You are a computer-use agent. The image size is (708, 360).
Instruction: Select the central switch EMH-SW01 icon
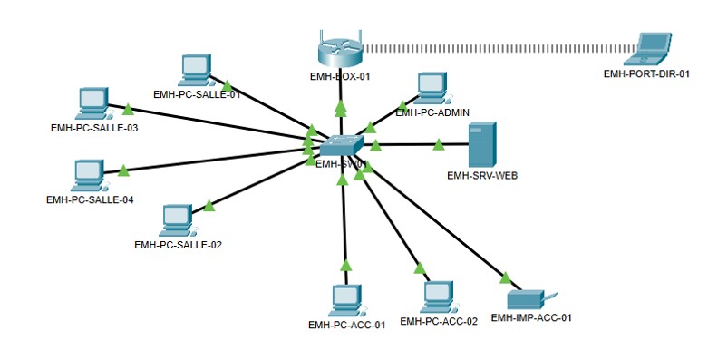[x=344, y=145]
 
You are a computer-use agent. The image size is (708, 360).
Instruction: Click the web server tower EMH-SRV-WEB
[x=481, y=143]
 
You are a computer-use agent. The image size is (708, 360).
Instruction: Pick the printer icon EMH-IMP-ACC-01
[x=526, y=299]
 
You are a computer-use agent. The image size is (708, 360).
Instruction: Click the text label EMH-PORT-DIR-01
[x=646, y=74]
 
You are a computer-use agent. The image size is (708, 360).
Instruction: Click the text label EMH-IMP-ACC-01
[x=531, y=318]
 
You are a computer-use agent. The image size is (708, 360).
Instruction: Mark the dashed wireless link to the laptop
[x=499, y=45]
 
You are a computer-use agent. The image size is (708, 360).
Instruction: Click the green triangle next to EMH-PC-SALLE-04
[x=123, y=169]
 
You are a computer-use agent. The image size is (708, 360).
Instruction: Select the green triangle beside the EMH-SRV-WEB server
[x=438, y=143]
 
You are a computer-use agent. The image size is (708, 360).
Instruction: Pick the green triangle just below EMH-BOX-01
[x=341, y=108]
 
